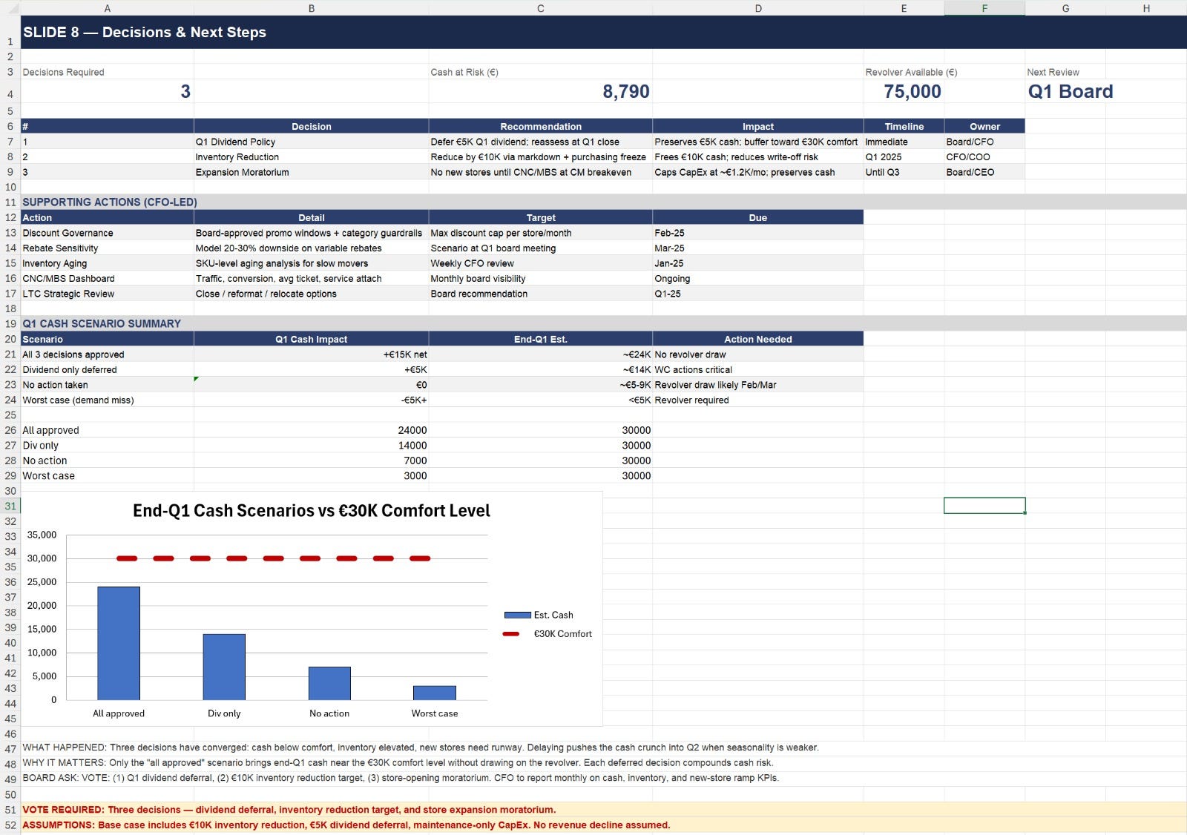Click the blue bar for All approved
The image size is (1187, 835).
pyautogui.click(x=119, y=643)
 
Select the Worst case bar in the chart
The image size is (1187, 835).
pyautogui.click(x=435, y=693)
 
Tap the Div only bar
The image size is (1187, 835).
pyautogui.click(x=224, y=667)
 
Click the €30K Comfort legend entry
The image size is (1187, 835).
pyautogui.click(x=547, y=634)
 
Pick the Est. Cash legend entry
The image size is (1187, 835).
pyautogui.click(x=539, y=615)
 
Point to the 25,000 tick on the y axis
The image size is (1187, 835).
pyautogui.click(x=42, y=581)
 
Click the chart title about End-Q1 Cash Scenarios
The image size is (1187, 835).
pyautogui.click(x=311, y=510)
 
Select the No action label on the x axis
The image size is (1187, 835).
pyautogui.click(x=329, y=713)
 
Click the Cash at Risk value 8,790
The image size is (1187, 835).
pyautogui.click(x=626, y=91)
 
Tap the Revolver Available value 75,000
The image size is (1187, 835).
pyautogui.click(x=912, y=91)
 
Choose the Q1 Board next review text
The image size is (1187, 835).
pyautogui.click(x=1070, y=91)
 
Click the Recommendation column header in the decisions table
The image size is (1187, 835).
pyautogui.click(x=541, y=126)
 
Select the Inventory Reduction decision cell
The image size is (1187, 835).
pyautogui.click(x=237, y=156)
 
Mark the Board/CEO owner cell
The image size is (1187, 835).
pyautogui.click(x=970, y=172)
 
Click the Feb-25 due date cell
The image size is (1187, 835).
pyautogui.click(x=669, y=233)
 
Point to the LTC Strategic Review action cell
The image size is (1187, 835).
pyautogui.click(x=68, y=294)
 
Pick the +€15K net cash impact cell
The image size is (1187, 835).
pyautogui.click(x=405, y=354)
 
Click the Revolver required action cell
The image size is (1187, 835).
pyautogui.click(x=691, y=400)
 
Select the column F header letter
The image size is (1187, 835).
pyautogui.click(x=984, y=8)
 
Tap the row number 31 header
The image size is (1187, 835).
pyautogui.click(x=10, y=506)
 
